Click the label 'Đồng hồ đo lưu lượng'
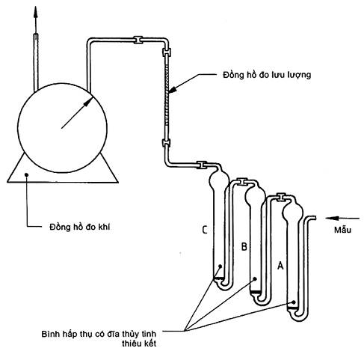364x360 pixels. [x=267, y=76]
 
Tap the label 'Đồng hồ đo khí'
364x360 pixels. [x=79, y=227]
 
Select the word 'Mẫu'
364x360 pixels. [x=342, y=230]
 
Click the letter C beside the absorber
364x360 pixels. [x=205, y=230]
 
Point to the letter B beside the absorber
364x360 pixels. [x=244, y=246]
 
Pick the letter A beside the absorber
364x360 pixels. [x=280, y=266]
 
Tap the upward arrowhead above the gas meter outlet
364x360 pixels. [x=36, y=11]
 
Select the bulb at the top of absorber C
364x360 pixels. [x=219, y=178]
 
